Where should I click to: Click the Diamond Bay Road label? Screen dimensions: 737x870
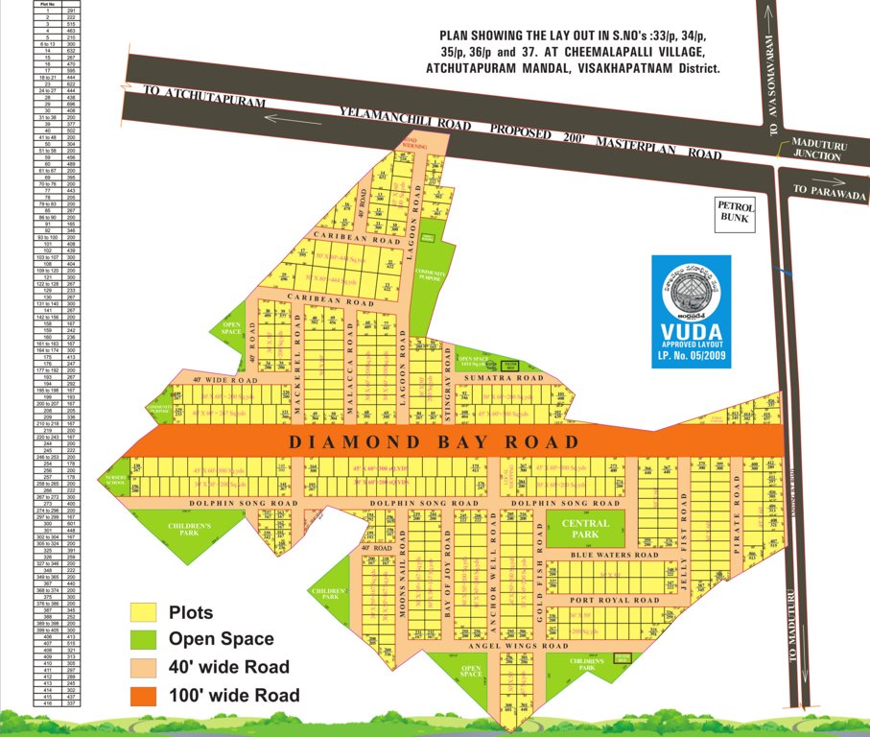[435, 441]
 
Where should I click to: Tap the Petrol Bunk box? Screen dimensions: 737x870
[737, 212]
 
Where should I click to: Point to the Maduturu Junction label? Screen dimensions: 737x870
[816, 150]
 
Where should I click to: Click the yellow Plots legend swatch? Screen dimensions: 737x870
[144, 611]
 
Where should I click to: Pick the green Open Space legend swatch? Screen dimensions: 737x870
[144, 639]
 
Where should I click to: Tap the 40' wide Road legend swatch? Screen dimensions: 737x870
[144, 667]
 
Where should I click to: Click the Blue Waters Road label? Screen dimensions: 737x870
[614, 555]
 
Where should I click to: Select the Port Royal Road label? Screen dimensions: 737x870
[614, 600]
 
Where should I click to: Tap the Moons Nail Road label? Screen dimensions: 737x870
[401, 585]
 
